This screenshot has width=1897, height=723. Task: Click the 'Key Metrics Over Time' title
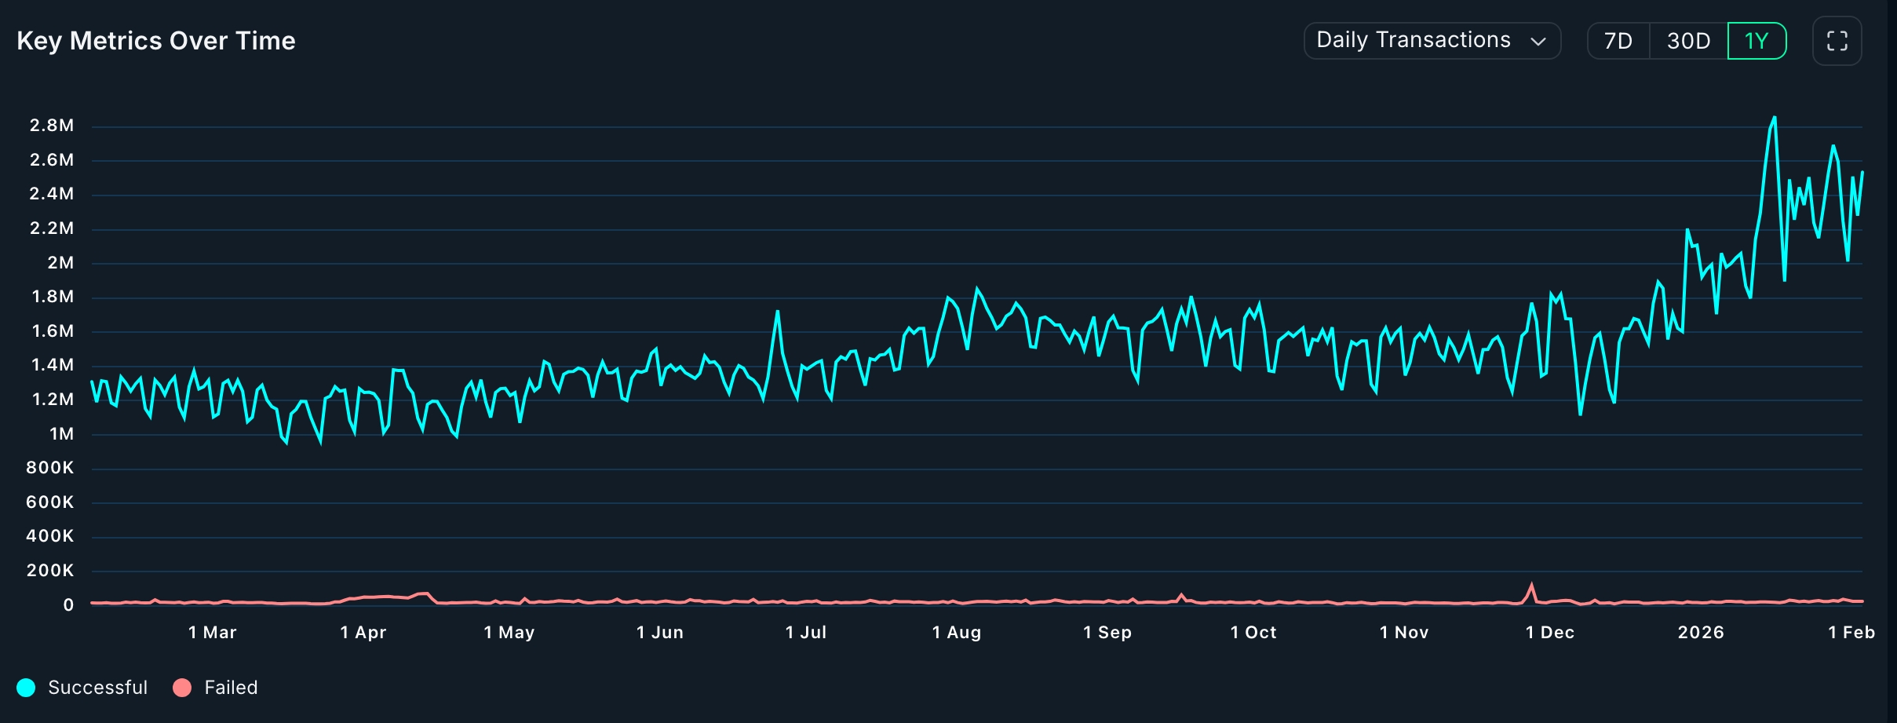coord(156,41)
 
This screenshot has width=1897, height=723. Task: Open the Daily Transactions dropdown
coord(1432,41)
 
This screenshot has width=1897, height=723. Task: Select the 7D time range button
coord(1618,41)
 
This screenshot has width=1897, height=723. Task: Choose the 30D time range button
coord(1688,41)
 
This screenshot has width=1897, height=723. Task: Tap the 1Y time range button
coord(1757,41)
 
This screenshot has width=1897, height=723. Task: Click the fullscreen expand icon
coord(1837,41)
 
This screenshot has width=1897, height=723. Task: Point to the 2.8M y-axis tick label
coord(52,126)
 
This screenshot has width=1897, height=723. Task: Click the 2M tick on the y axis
coord(60,263)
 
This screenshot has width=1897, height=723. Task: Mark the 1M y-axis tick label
coord(61,434)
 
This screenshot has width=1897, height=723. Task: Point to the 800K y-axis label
coord(50,468)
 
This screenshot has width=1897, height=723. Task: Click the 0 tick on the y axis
coord(69,605)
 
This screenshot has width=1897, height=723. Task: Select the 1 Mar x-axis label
coord(213,633)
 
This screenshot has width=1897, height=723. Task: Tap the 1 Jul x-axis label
coord(806,633)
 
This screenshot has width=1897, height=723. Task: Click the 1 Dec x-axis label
coord(1550,633)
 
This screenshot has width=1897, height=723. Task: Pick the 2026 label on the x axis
coord(1701,633)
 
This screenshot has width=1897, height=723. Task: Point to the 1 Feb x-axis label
coord(1851,633)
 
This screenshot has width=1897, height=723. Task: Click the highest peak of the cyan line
coord(1775,119)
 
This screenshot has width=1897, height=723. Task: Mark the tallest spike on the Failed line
coord(1531,585)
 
